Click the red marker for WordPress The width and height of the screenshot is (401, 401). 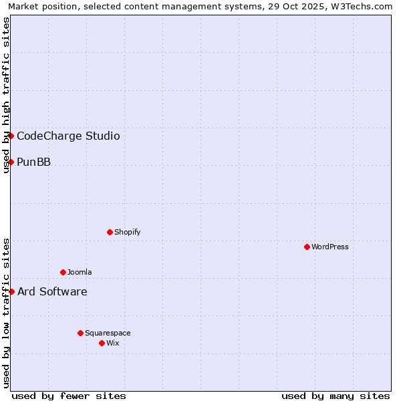tap(307, 247)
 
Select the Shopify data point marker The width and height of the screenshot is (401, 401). tap(110, 232)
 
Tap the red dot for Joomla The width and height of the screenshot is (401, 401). tap(63, 272)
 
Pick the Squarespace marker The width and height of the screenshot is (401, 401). tap(80, 333)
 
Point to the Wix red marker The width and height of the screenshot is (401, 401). tap(102, 343)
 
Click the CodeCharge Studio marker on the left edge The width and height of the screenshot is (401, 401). tap(11, 136)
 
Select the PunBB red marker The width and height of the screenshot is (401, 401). tap(11, 162)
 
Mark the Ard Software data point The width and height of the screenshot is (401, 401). tap(11, 291)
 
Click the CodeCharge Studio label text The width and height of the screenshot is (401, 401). tap(68, 136)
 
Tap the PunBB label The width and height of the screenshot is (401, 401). tap(33, 162)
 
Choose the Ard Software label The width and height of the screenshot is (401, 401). tap(52, 292)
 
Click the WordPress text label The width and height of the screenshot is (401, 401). tap(330, 247)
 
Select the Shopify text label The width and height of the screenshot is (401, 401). tap(127, 233)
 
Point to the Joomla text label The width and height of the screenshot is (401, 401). tap(80, 273)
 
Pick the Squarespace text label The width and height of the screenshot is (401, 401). tap(108, 333)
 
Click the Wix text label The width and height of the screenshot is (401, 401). tap(112, 344)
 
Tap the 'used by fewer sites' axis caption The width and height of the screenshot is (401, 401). tap(69, 396)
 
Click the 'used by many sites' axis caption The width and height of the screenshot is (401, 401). tap(336, 396)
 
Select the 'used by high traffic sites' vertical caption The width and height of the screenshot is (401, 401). tap(6, 95)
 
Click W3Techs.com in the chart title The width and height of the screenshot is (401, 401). tap(365, 7)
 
